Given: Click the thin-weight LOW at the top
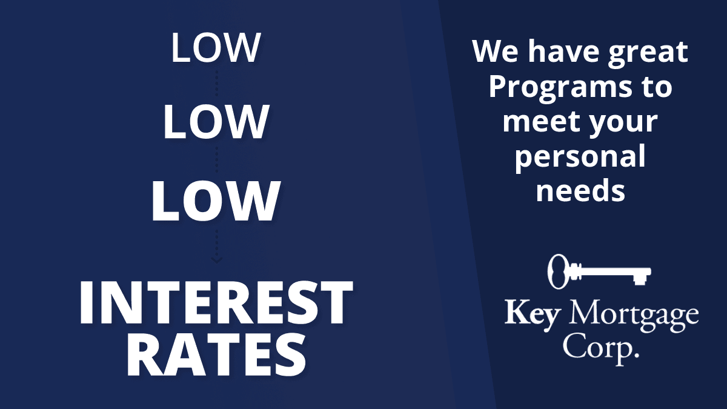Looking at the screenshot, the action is (216, 47).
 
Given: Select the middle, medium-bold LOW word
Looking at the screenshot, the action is (216, 122).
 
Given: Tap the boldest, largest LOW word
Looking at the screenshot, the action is (216, 201).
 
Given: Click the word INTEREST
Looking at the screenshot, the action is (216, 302).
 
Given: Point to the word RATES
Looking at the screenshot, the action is (216, 356).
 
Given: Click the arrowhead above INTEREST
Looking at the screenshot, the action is (216, 260).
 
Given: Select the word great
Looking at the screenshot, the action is (648, 53).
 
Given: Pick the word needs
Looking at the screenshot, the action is (580, 191).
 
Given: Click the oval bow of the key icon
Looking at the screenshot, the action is (557, 271).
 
